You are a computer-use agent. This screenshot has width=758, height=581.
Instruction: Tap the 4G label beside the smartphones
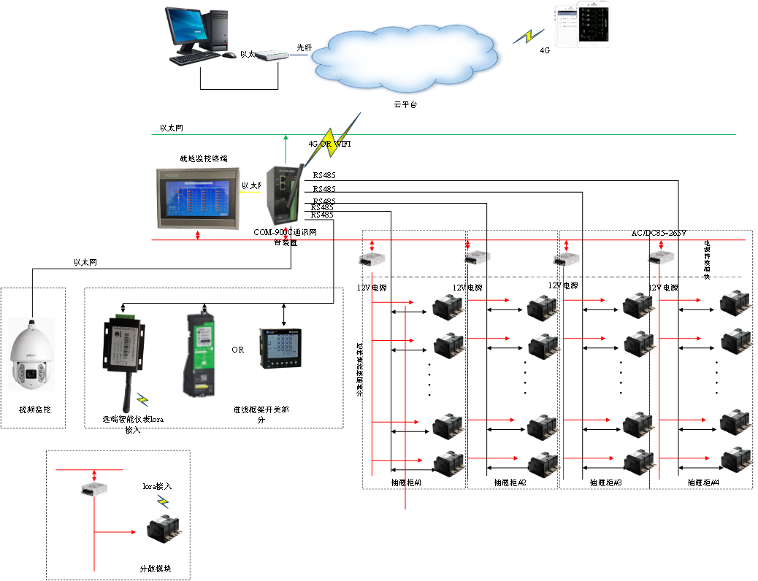[545, 51]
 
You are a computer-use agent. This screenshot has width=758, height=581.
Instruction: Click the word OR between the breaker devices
[238, 350]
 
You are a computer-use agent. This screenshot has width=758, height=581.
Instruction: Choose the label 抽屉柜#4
[703, 483]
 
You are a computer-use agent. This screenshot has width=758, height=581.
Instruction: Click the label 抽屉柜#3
[605, 483]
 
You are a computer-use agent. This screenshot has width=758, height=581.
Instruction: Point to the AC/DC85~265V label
[659, 233]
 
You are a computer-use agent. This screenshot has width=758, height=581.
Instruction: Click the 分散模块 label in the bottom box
[155, 568]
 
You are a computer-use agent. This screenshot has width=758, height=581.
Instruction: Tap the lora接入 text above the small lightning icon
[157, 485]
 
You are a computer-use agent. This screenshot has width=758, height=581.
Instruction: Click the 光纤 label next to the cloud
[304, 47]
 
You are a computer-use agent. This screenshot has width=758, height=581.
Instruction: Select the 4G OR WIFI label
[329, 145]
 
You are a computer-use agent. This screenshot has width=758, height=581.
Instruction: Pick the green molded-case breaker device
[199, 354]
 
